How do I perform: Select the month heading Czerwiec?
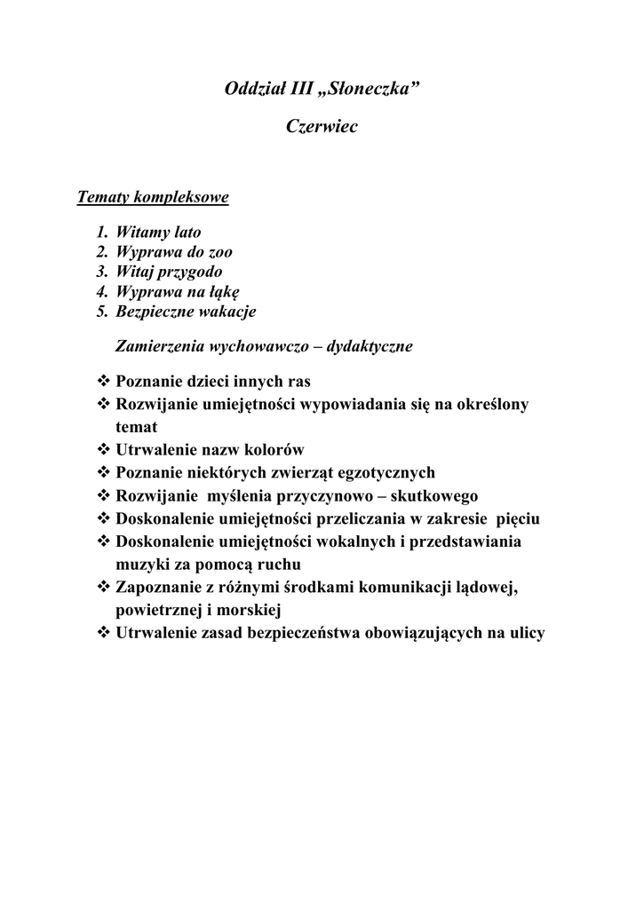point(322,127)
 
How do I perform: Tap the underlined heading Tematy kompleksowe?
point(154,197)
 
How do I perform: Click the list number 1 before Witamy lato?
point(101,233)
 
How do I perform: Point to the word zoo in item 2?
point(221,252)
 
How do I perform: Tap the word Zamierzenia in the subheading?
point(156,346)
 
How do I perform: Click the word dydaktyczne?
point(370,346)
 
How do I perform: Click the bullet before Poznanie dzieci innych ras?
point(102,383)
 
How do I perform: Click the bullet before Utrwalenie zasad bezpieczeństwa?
point(102,633)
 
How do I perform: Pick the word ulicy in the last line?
point(523,633)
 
